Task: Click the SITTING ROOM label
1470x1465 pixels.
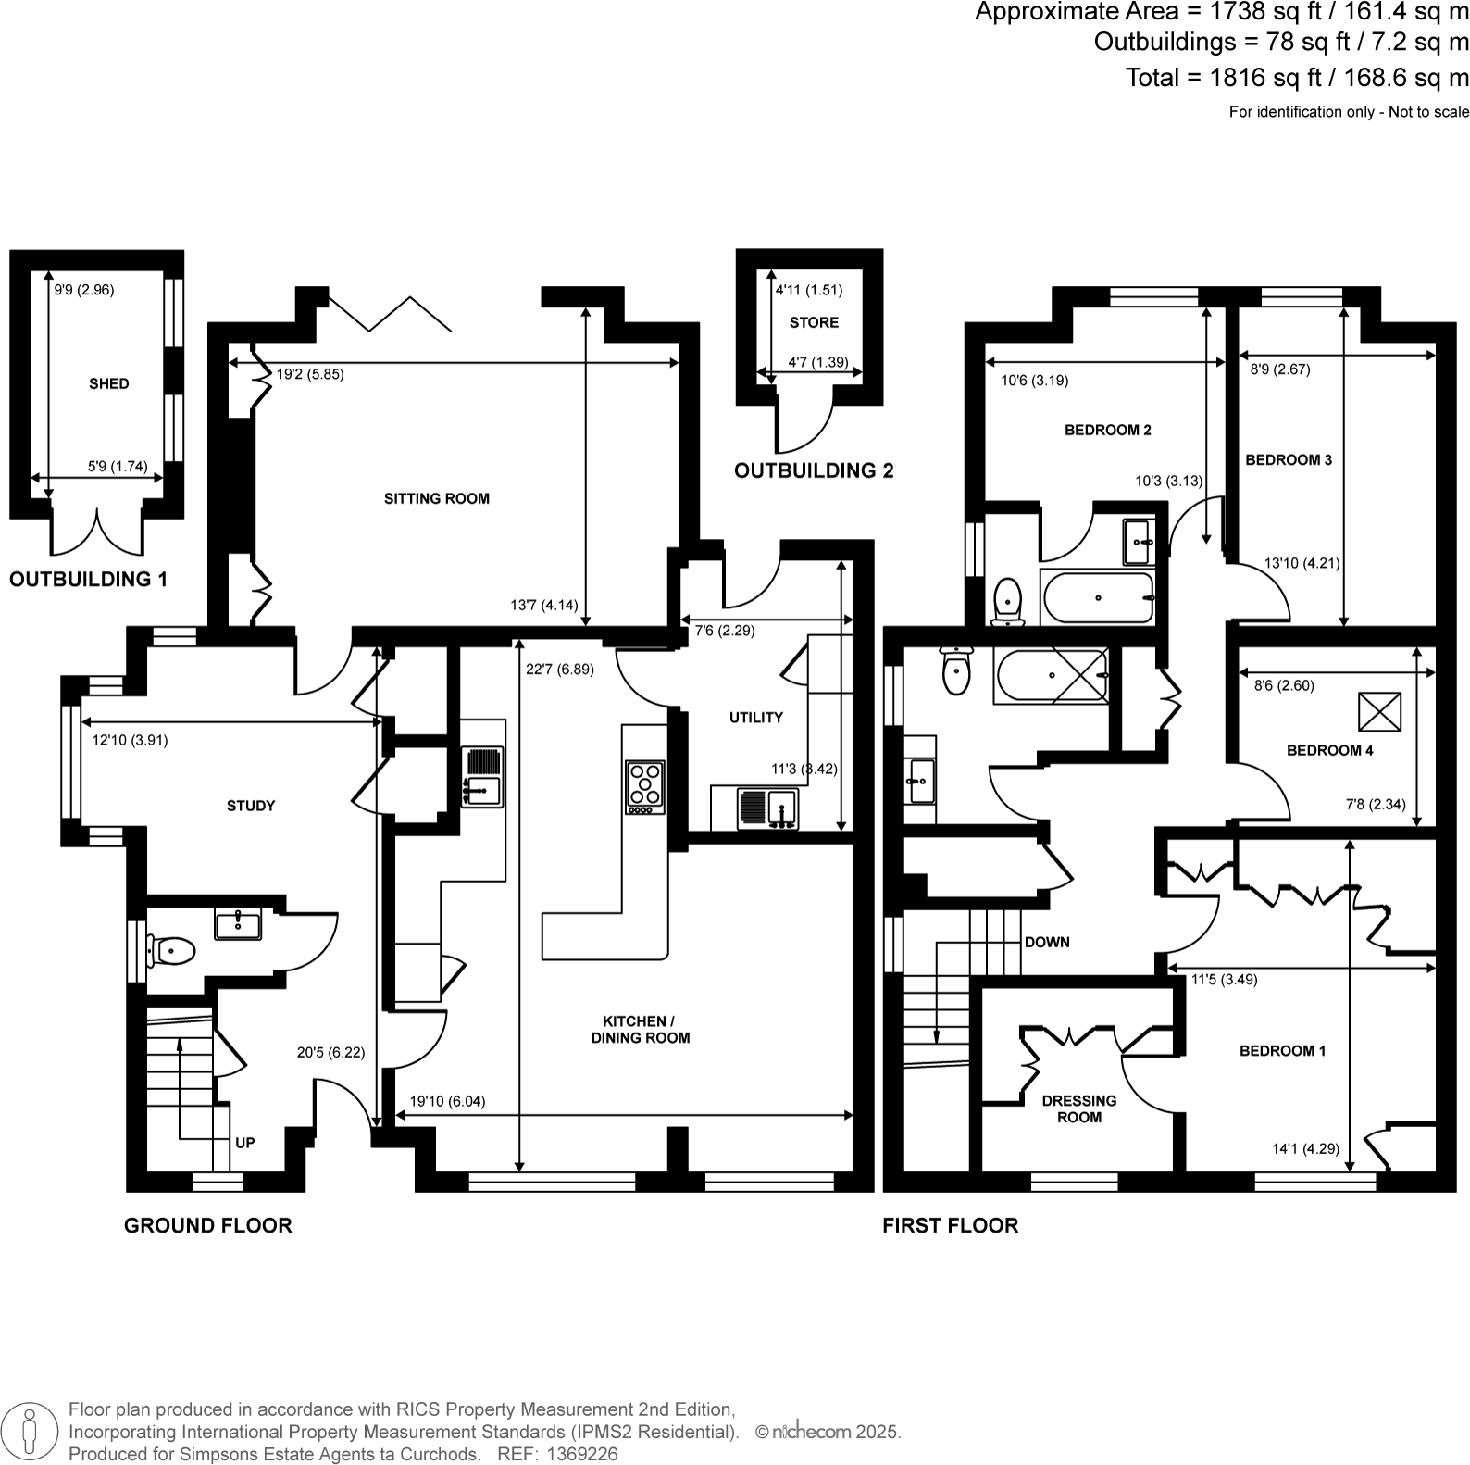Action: point(436,498)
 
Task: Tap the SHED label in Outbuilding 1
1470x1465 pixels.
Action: point(108,383)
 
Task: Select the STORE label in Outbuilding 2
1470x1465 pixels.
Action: point(814,322)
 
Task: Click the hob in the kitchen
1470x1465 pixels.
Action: point(645,785)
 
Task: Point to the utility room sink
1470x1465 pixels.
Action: point(768,808)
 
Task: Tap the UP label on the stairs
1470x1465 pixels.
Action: point(244,1143)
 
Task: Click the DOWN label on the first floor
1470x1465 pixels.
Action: point(1047,942)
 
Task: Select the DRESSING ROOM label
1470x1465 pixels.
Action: point(1079,1108)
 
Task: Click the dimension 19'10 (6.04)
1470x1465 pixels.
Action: point(447,1101)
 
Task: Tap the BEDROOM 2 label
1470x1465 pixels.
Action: point(1107,430)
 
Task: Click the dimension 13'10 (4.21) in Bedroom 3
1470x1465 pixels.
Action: point(1302,562)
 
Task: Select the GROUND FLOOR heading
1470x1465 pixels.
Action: point(208,1225)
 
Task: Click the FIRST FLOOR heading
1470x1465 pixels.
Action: point(950,1225)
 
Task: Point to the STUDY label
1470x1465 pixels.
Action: point(251,806)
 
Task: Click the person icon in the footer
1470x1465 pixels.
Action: point(30,1431)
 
